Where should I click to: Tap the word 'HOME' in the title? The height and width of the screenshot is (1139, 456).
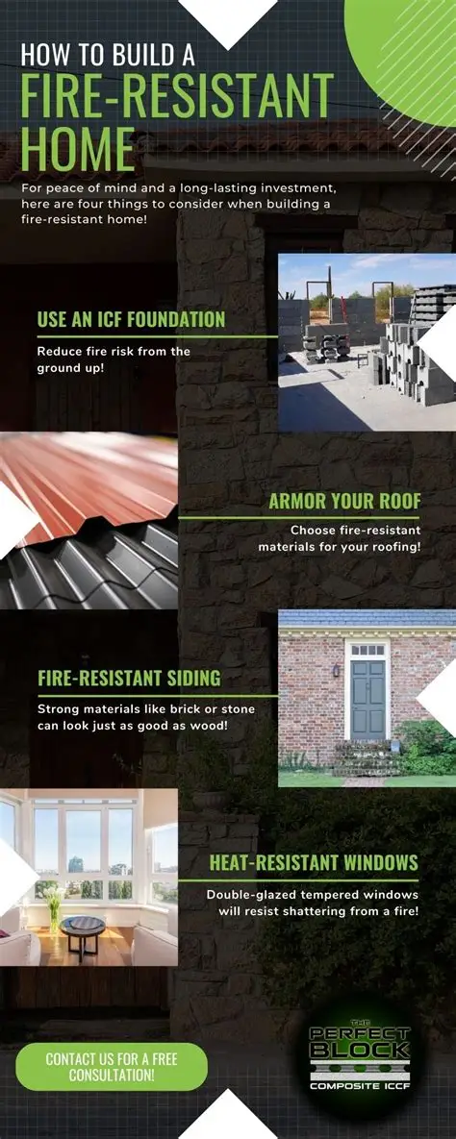(x=79, y=150)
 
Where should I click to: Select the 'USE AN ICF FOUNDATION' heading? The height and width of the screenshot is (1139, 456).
(x=131, y=319)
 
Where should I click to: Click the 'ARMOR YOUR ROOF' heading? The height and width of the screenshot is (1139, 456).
(x=344, y=501)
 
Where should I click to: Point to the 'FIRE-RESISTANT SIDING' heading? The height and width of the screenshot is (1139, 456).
(x=129, y=679)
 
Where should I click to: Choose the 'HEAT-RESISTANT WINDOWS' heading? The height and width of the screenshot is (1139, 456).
(x=314, y=862)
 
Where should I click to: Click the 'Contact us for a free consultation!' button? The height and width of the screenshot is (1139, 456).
(x=112, y=1067)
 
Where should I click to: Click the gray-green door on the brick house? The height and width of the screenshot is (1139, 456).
(x=367, y=699)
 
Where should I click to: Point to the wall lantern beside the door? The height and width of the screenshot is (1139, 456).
(x=336, y=670)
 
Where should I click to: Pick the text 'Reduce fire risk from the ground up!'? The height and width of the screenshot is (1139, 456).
(x=114, y=359)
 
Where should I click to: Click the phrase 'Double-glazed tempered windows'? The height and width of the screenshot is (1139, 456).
(x=313, y=895)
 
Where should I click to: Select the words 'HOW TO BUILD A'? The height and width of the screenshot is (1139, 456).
(x=108, y=55)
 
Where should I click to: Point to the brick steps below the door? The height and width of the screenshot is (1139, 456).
(x=367, y=756)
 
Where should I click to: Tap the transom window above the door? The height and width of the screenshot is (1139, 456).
(x=367, y=650)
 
